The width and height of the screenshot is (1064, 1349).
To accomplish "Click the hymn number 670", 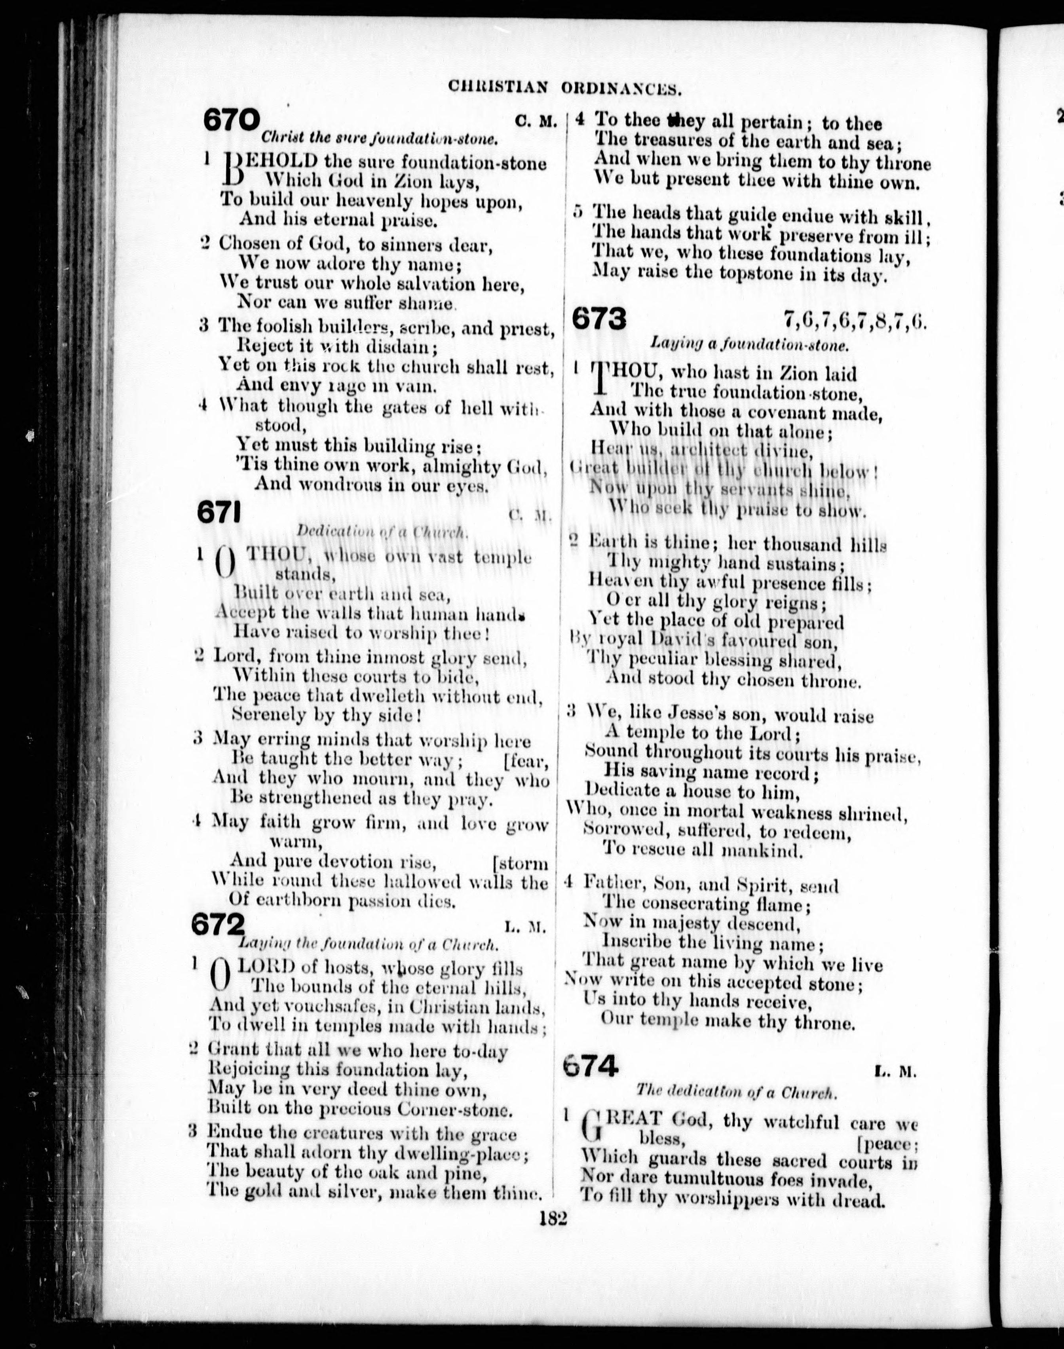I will pos(230,120).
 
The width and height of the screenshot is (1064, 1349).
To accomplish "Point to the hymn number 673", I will pos(598,319).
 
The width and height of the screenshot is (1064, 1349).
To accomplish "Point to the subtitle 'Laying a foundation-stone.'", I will pos(749,343).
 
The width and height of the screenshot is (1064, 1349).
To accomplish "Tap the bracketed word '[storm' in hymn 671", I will pos(520,864).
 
